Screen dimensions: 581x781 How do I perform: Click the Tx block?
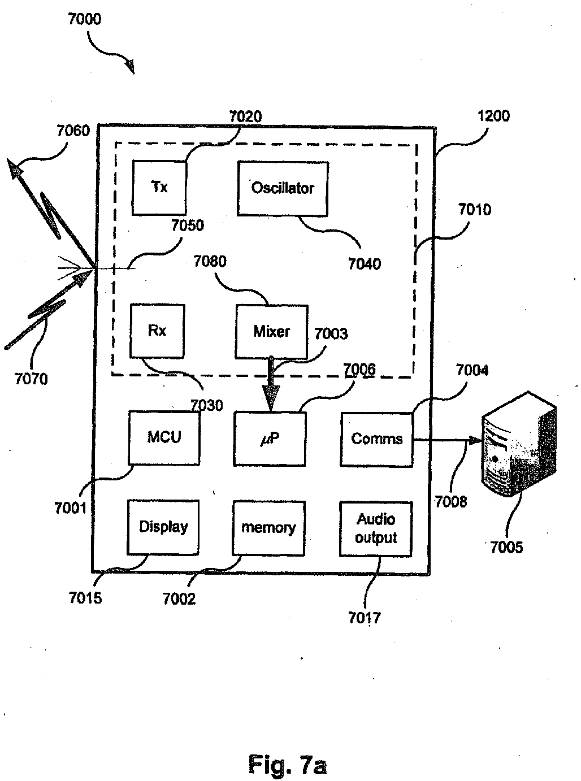pyautogui.click(x=159, y=188)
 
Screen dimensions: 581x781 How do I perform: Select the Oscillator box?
pyautogui.click(x=283, y=188)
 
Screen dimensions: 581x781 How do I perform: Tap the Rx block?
pyautogui.click(x=157, y=331)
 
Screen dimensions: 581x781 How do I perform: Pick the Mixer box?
pyautogui.click(x=271, y=332)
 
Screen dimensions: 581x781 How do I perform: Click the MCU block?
pyautogui.click(x=164, y=437)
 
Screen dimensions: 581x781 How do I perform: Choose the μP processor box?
pyautogui.click(x=270, y=439)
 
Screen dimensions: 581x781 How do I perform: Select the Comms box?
pyautogui.click(x=377, y=440)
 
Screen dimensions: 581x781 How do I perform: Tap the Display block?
pyautogui.click(x=163, y=527)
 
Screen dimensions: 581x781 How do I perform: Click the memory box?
pyautogui.click(x=268, y=528)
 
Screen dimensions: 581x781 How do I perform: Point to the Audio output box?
pyautogui.click(x=376, y=529)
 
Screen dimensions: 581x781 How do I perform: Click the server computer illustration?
pyautogui.click(x=519, y=444)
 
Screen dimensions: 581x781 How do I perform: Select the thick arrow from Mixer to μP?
pyautogui.click(x=271, y=384)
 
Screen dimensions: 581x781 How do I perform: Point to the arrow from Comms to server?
pyautogui.click(x=447, y=440)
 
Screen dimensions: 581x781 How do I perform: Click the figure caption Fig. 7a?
pyautogui.click(x=287, y=763)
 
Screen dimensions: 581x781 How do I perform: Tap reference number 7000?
pyautogui.click(x=85, y=19)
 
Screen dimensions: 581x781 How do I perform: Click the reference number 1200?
pyautogui.click(x=493, y=116)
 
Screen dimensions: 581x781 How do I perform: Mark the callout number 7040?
pyautogui.click(x=365, y=264)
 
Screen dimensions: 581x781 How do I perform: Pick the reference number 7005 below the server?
pyautogui.click(x=506, y=547)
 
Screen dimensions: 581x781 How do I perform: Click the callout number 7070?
pyautogui.click(x=31, y=379)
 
